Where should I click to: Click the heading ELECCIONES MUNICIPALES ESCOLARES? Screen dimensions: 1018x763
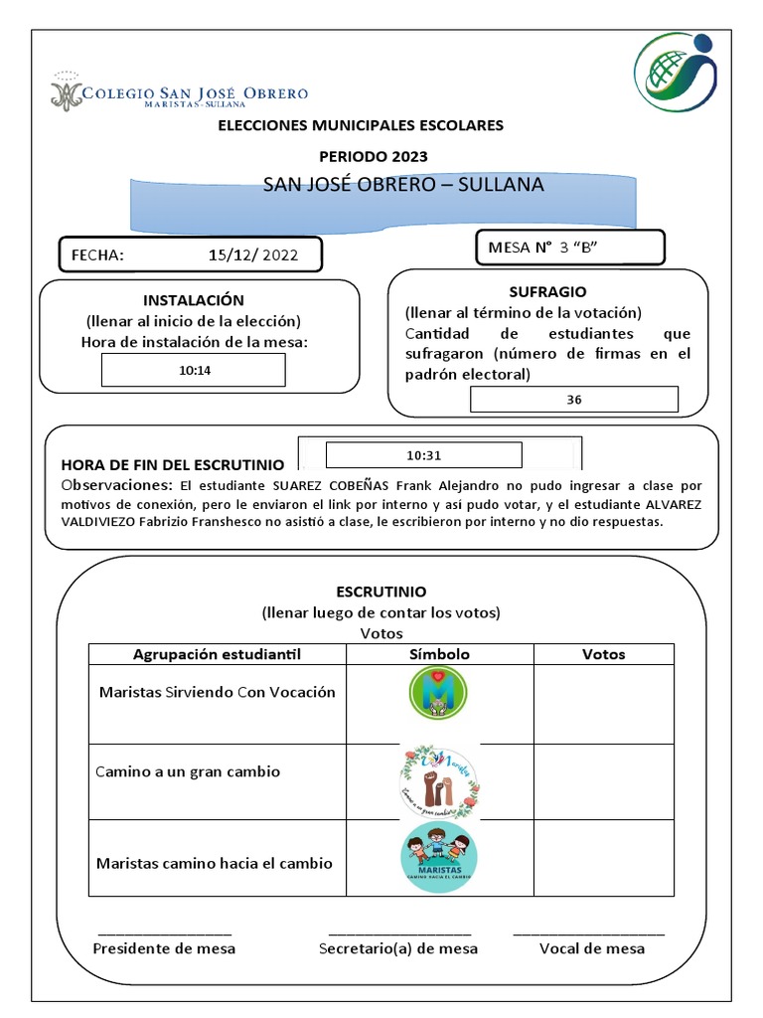(361, 125)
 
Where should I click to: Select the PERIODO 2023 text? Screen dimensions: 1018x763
(373, 156)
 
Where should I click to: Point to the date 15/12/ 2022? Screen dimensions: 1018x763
(252, 254)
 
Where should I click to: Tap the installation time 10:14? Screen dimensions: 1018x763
(194, 370)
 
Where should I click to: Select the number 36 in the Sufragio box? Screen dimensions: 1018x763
(574, 400)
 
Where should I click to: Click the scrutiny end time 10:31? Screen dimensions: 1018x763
(423, 455)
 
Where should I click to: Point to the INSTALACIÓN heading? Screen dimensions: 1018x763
(193, 299)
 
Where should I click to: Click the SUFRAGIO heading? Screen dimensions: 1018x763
(547, 291)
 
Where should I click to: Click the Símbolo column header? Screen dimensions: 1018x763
(439, 654)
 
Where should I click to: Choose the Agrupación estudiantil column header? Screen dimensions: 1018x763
(217, 654)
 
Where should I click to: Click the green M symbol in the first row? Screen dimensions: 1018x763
(438, 692)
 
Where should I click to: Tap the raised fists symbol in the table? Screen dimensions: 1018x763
(439, 781)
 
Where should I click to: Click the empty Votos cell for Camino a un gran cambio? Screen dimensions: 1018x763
(603, 781)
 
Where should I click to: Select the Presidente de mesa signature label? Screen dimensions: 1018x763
(164, 948)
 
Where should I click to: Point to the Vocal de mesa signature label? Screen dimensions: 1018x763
(591, 948)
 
